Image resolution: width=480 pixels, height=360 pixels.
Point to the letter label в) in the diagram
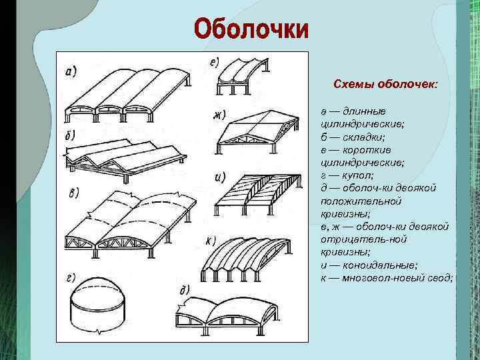pos(74,194)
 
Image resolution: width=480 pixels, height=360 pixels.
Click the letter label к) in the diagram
pos(210,240)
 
